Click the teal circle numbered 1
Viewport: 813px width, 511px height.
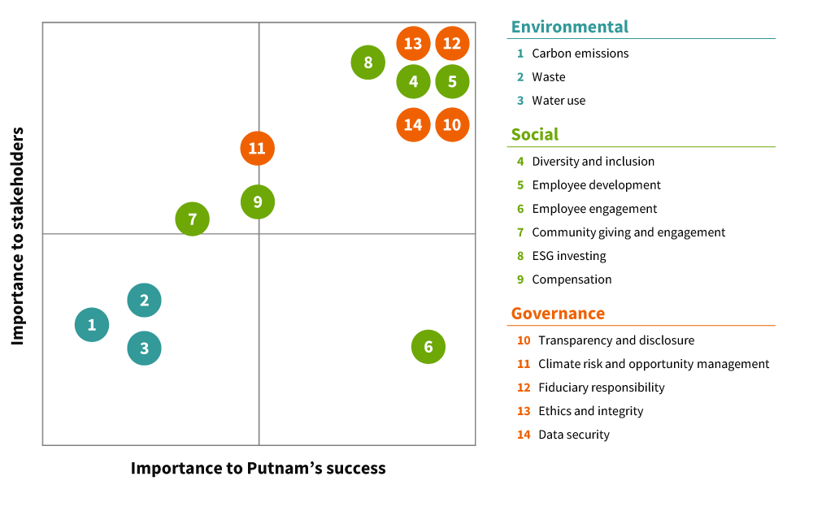tap(92, 325)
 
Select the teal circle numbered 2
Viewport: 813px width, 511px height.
tap(145, 301)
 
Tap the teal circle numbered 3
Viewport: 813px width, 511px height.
tap(145, 349)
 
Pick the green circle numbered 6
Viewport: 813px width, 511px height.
tap(428, 348)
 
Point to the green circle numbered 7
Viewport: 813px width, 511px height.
tap(193, 219)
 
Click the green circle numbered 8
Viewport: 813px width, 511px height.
tap(368, 63)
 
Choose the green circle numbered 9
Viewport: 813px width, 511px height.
tap(258, 202)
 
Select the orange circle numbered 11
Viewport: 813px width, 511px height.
tap(258, 149)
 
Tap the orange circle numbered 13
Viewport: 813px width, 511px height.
tap(413, 44)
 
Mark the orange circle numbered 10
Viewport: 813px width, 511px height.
tap(452, 125)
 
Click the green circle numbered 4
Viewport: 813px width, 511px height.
tap(413, 82)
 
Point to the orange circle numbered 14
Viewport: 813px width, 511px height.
tap(413, 125)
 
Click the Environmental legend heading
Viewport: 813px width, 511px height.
tap(569, 27)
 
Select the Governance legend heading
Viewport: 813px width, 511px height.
tap(558, 314)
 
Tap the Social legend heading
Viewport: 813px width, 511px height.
tap(534, 135)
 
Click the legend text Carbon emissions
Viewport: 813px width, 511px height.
tap(580, 54)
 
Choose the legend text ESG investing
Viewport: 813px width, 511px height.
tap(568, 256)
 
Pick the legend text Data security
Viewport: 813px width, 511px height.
tap(573, 435)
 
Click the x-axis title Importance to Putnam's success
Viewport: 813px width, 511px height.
tap(258, 469)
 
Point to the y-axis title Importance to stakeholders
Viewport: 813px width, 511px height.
tap(18, 236)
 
